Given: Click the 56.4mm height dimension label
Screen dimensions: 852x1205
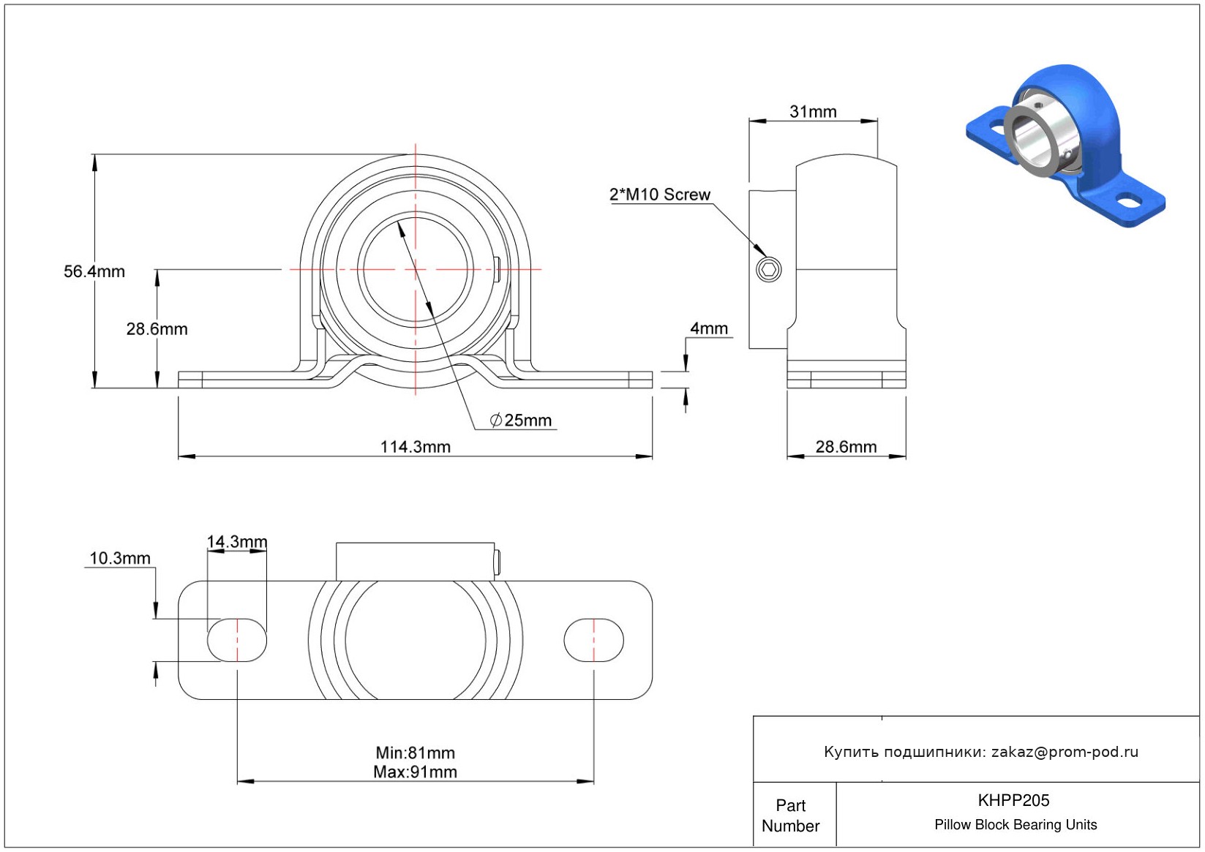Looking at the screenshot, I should (94, 271).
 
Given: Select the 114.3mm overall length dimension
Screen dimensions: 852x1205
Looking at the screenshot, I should (415, 447).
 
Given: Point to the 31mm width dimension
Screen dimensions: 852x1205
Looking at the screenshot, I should (813, 112).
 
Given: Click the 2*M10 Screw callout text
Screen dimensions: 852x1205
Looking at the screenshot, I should (659, 195).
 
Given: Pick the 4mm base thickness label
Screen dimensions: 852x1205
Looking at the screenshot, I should (709, 328).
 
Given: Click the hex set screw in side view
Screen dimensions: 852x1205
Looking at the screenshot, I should (768, 269).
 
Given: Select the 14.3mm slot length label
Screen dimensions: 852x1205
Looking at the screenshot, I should (237, 542).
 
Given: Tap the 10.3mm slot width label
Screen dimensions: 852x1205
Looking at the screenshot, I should (120, 559).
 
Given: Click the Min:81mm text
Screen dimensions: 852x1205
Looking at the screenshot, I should (415, 753).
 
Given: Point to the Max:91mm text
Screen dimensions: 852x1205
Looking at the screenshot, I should (415, 772).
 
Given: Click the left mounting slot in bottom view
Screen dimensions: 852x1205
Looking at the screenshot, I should (237, 640).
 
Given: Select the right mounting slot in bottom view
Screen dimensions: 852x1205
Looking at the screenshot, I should (593, 640).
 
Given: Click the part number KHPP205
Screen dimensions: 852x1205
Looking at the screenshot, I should (1013, 800).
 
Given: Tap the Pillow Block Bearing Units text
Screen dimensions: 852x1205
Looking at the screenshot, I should (1016, 825).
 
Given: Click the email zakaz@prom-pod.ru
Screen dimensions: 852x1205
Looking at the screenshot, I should (1065, 752).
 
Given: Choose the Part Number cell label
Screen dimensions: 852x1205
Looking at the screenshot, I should (790, 815).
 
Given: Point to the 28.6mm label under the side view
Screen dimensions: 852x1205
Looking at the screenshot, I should (846, 447).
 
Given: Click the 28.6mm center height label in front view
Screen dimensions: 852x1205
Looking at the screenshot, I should (157, 329).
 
